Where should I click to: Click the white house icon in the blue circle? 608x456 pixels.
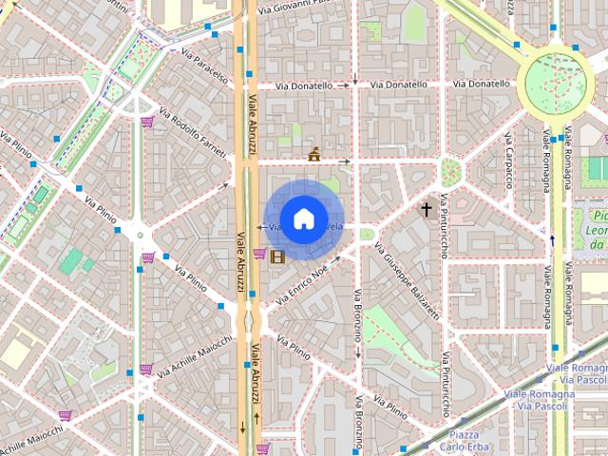coord(302,218)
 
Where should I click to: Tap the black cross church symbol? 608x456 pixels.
coord(427,208)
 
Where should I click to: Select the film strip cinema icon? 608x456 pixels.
coord(276,256)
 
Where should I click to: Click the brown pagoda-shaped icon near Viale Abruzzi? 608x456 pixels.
coord(313,154)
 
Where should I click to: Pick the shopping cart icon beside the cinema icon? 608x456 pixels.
coord(259,253)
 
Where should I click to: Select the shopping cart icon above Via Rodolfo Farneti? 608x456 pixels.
coord(147,122)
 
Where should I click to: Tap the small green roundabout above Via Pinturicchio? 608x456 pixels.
coord(450,172)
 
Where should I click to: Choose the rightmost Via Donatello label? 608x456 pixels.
coord(482,84)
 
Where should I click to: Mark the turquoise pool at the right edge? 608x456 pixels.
coord(597,169)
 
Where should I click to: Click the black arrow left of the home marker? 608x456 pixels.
coord(260,228)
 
